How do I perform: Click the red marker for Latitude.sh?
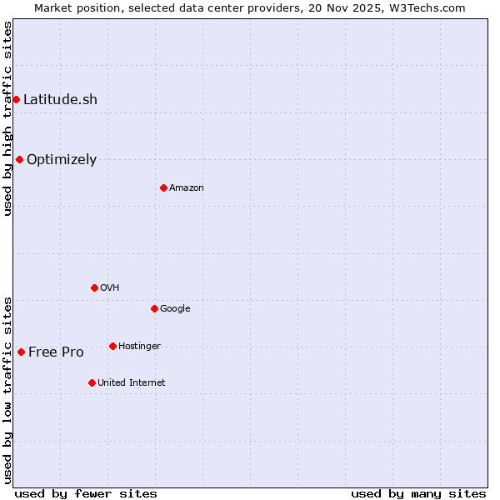coord(16,100)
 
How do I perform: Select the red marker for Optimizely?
coord(19,159)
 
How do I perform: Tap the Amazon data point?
coord(163,187)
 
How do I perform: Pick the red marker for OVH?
coord(94,287)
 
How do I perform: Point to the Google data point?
coord(154,308)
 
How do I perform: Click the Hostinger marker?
coord(112,346)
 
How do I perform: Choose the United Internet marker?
coord(92,382)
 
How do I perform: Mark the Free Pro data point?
coord(21,352)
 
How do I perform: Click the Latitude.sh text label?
coord(60,100)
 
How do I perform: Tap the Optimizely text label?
coord(62,159)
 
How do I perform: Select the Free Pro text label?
coord(56,352)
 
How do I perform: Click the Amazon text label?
coord(187,187)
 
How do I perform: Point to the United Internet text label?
coord(132,382)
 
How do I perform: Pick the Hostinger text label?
coord(139,346)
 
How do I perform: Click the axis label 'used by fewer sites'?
coord(86,493)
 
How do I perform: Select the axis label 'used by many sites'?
coord(418,493)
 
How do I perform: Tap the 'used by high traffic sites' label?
coord(7,118)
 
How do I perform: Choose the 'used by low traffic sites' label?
coord(7,390)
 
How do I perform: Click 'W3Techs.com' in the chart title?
coord(427,7)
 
